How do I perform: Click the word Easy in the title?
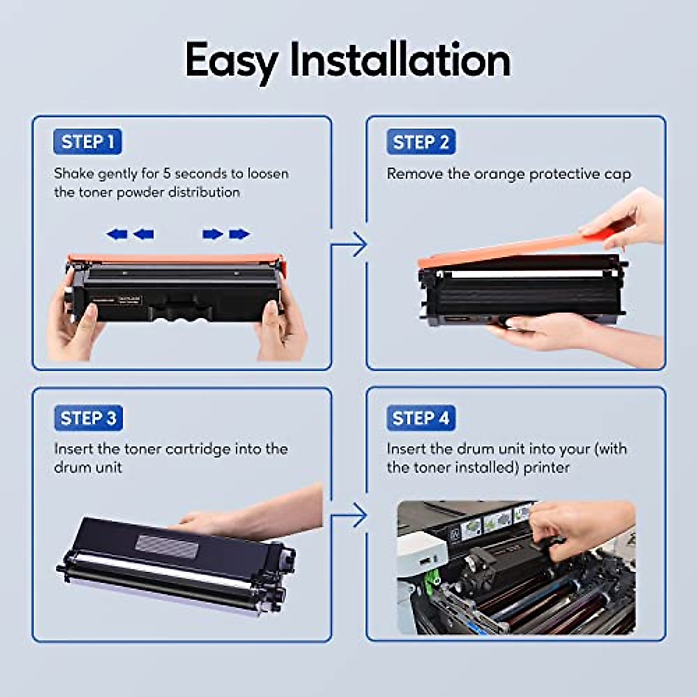[231, 60]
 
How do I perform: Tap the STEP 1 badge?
[88, 142]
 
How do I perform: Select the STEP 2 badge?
[421, 142]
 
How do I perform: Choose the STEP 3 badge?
[88, 418]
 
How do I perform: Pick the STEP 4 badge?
[421, 418]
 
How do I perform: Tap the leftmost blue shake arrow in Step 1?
[117, 234]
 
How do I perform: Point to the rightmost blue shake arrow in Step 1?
[239, 234]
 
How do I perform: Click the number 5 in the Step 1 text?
[166, 174]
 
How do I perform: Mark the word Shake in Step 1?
[73, 174]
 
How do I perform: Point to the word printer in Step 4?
[546, 468]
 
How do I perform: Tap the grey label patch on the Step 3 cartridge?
[167, 545]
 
